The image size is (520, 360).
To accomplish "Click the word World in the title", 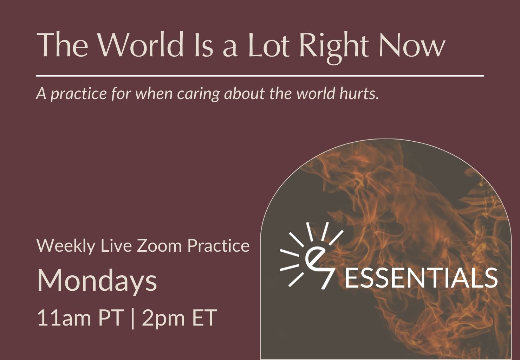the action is (x=141, y=44).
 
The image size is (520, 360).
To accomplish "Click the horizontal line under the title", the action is (x=260, y=76).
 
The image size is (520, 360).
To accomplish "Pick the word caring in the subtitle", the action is (x=198, y=94).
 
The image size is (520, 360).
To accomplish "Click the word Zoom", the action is (x=159, y=245).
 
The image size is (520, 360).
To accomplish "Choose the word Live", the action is (x=116, y=245).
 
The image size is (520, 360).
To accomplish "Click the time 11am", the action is (x=64, y=318).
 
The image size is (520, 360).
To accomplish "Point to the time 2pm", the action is (x=163, y=319).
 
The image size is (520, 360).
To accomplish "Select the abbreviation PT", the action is (x=110, y=317).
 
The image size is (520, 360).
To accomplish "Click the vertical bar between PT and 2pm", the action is (x=132, y=318).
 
